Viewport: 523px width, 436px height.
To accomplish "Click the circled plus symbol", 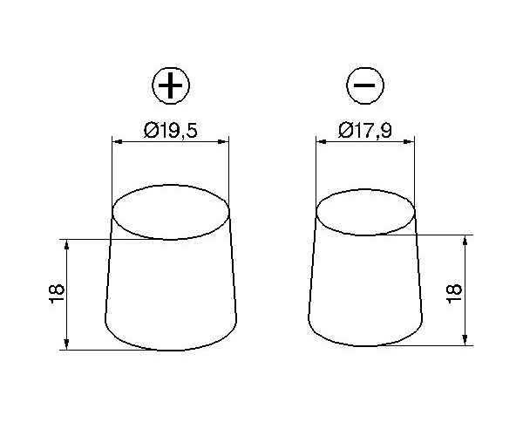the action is pos(171,85).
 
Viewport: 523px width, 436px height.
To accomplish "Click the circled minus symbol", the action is pos(365,85).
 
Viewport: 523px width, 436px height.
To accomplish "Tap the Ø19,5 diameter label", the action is pos(171,131).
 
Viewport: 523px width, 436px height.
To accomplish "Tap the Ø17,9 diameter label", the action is pos(365,131).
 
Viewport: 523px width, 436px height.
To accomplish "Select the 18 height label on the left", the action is pos(57,294).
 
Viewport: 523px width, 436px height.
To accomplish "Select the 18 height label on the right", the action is pos(454,294).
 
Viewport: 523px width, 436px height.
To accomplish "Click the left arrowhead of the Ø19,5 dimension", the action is pos(117,142).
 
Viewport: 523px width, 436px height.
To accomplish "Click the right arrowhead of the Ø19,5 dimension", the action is pos(224,142).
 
